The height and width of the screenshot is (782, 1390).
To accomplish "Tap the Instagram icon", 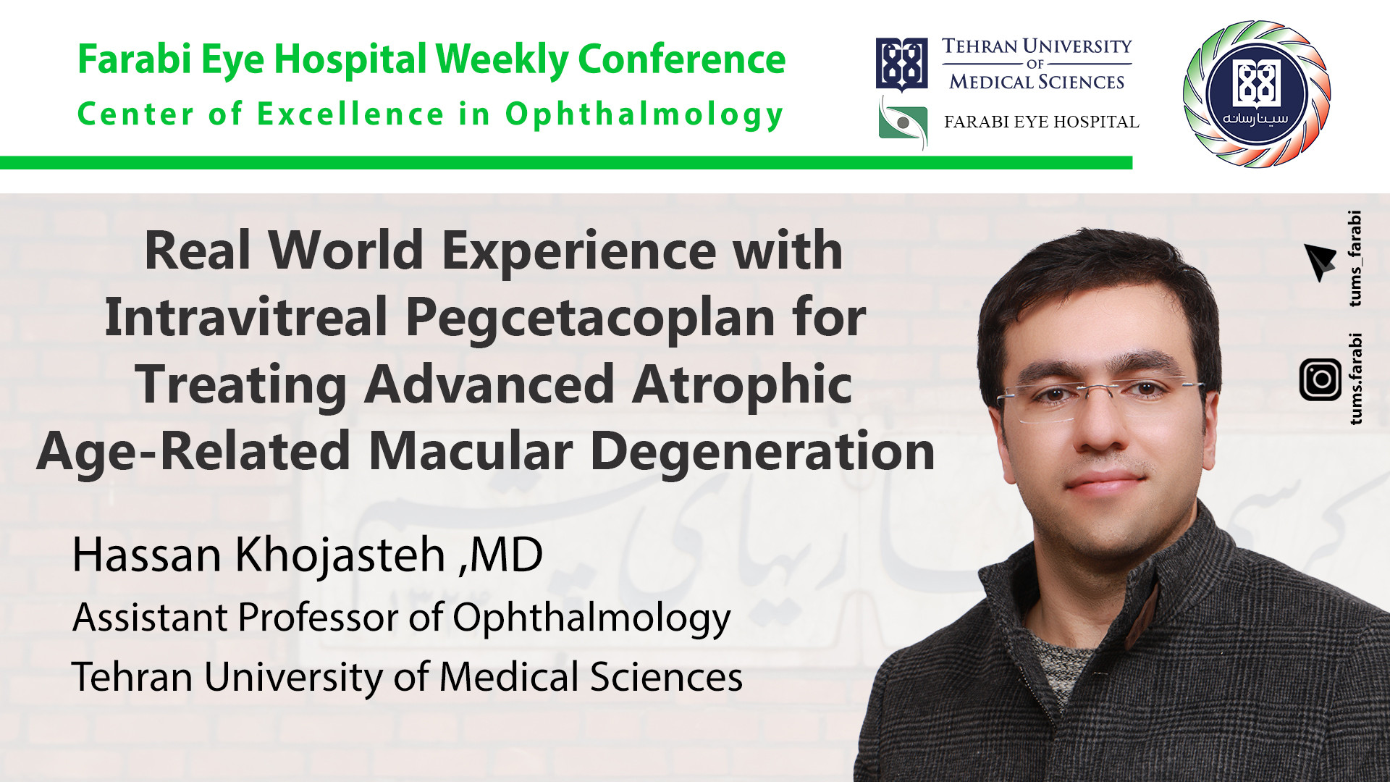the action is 1320,379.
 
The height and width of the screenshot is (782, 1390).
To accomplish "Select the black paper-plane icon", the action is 1319,262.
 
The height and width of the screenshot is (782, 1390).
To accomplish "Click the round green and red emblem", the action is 1257,93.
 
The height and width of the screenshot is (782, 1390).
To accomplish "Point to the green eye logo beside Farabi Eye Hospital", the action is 902,123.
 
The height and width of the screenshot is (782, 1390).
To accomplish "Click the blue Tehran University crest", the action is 901,64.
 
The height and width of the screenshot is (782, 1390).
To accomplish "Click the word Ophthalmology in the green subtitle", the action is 644,115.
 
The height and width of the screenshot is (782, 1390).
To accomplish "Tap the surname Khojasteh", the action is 340,556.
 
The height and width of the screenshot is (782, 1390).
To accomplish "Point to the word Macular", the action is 471,452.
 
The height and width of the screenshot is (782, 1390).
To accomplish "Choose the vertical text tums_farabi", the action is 1355,258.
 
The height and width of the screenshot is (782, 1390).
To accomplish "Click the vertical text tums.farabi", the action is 1355,379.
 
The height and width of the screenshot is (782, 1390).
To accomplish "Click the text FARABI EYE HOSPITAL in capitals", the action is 1041,122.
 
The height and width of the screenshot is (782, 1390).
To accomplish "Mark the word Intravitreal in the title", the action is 246,319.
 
